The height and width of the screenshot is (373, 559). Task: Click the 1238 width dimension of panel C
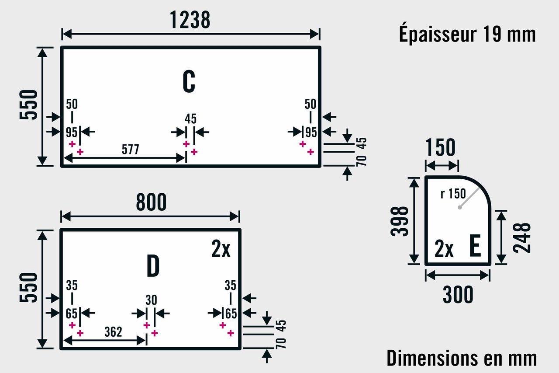tap(190, 20)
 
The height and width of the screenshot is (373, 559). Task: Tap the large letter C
tap(189, 81)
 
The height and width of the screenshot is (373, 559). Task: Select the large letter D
tap(153, 266)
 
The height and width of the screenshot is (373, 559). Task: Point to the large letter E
tap(475, 246)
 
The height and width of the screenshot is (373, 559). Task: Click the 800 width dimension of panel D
tap(151, 202)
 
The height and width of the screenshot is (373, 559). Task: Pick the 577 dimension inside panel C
tap(130, 150)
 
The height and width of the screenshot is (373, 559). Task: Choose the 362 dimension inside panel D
tap(113, 332)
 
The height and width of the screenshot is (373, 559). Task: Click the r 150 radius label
tap(453, 193)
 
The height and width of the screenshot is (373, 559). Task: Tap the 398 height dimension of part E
tap(400, 221)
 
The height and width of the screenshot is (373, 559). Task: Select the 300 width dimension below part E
tap(458, 295)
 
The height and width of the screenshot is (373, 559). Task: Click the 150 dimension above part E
tap(440, 147)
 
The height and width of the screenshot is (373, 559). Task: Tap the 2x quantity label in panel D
tap(221, 249)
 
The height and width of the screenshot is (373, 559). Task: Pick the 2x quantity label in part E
tap(444, 249)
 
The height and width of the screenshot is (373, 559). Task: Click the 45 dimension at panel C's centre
tap(190, 119)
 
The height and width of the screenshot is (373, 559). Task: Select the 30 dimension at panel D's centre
tap(151, 300)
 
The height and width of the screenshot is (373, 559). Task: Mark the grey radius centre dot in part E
tap(459, 207)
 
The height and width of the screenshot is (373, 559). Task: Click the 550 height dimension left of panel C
tap(29, 105)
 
